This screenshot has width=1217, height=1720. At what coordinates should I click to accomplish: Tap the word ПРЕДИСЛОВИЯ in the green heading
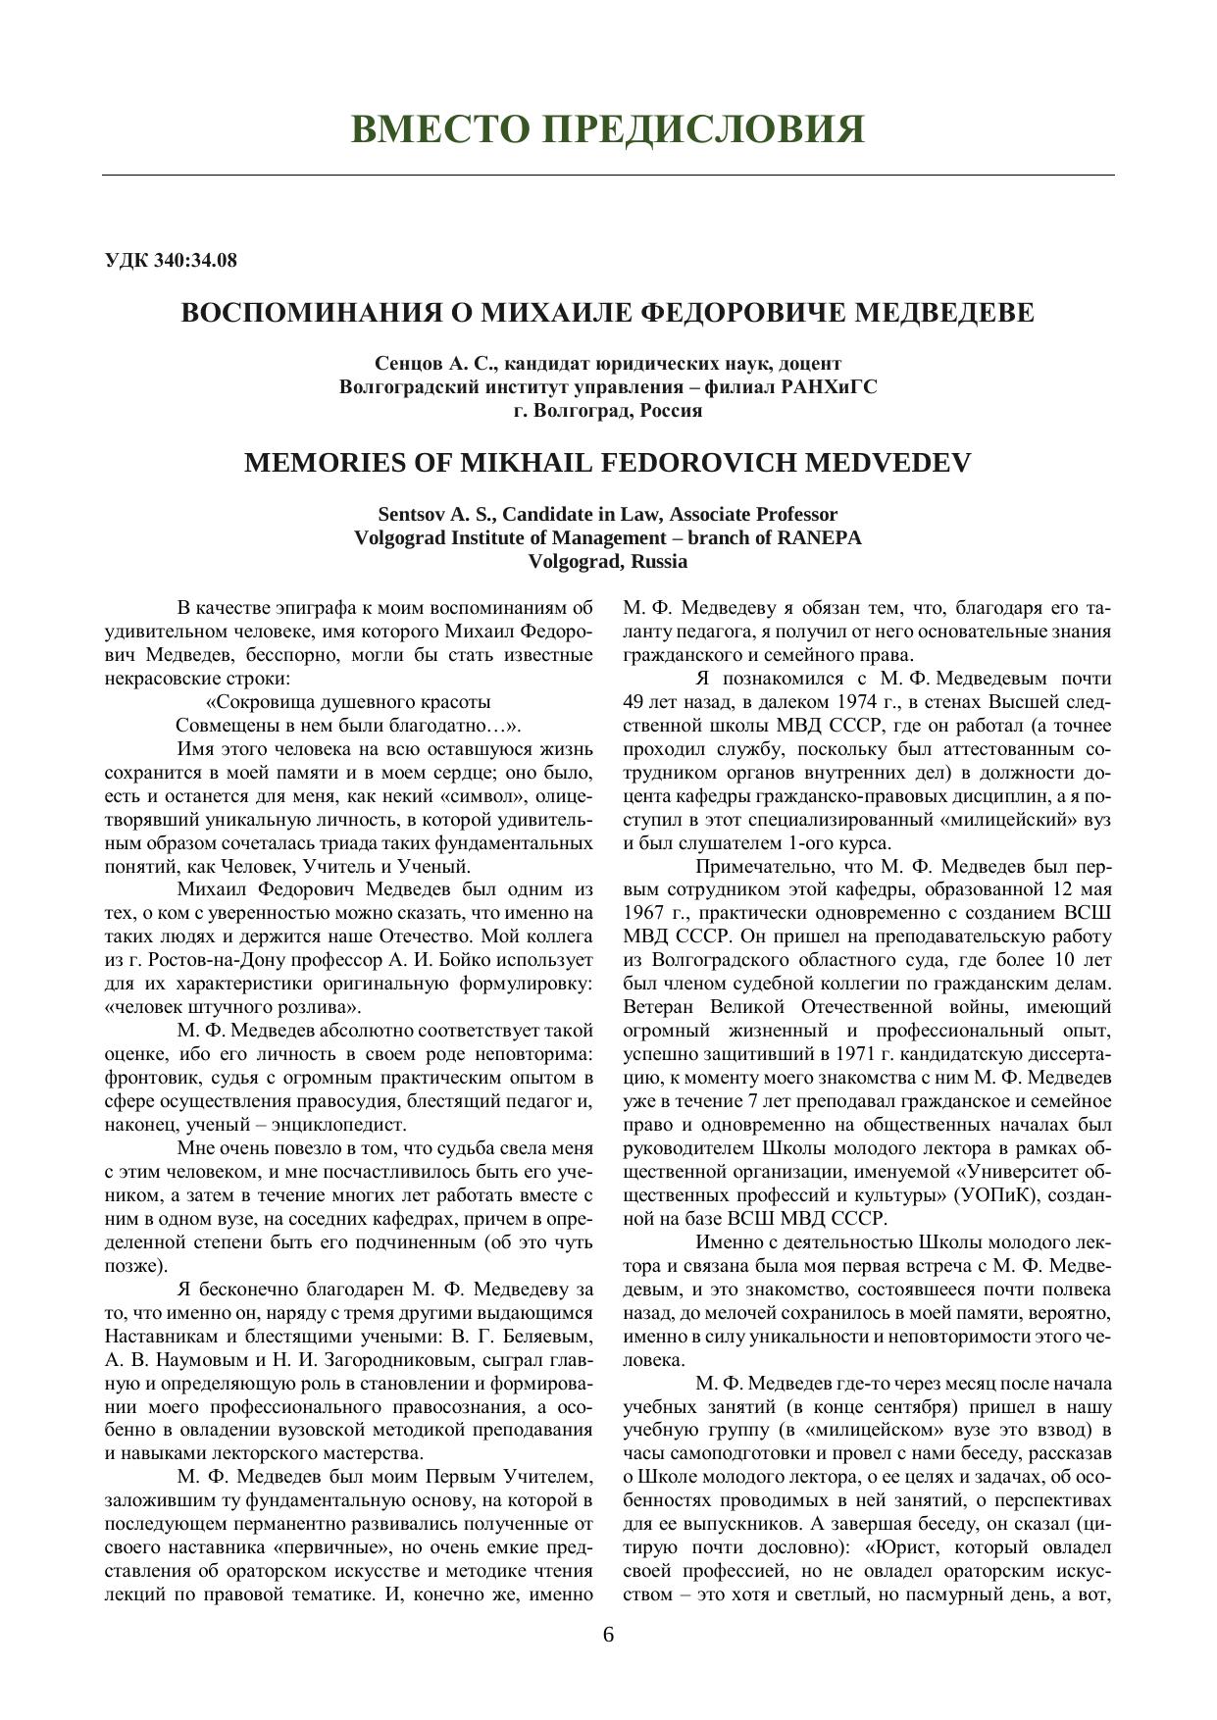click(702, 129)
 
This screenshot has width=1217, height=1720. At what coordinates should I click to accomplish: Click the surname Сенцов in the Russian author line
click(405, 363)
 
